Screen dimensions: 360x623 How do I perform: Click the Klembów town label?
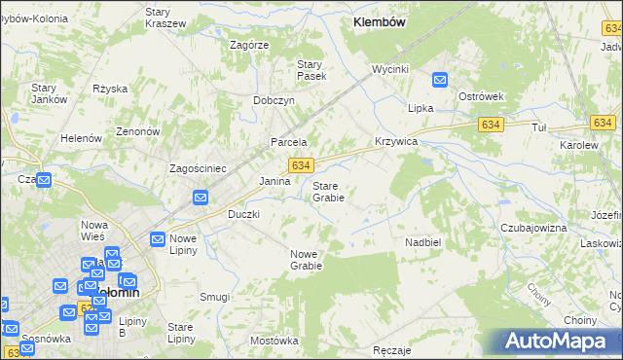(x=379, y=20)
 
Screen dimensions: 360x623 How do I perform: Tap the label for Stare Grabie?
(x=328, y=191)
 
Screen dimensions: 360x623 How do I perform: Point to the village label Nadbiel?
(x=423, y=241)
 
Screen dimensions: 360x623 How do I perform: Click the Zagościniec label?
(x=198, y=168)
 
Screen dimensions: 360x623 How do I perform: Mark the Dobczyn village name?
(x=274, y=100)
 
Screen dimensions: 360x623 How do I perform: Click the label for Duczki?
(x=243, y=213)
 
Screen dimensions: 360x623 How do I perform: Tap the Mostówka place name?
(x=274, y=341)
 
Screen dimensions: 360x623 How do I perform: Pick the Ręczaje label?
(x=391, y=349)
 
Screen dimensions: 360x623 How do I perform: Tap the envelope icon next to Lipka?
(x=440, y=82)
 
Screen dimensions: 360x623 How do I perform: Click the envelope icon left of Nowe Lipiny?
(x=157, y=239)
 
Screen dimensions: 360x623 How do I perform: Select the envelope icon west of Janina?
(x=201, y=198)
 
